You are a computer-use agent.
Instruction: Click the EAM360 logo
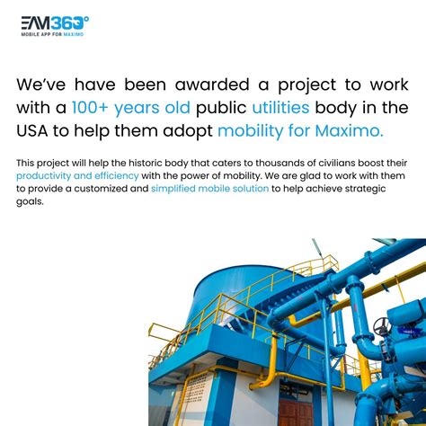coord(55,24)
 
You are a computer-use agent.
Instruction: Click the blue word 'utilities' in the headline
coord(281,108)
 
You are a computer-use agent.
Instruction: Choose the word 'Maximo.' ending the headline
coord(349,131)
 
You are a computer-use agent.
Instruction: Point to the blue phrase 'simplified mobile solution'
coord(209,189)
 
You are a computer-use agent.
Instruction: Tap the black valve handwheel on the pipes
coord(383,325)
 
